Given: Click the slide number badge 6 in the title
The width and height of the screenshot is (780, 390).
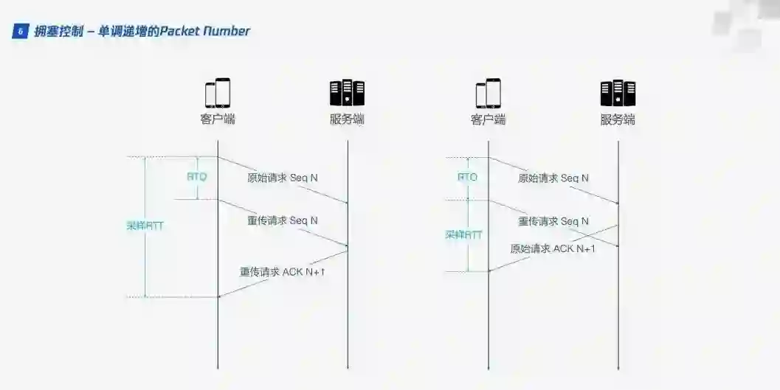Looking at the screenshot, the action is [20, 31].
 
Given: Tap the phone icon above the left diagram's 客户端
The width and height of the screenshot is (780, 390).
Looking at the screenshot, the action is [218, 93].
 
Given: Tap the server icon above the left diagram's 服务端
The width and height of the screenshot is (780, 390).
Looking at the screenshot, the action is [347, 93].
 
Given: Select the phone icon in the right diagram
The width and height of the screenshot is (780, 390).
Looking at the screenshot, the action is [489, 93].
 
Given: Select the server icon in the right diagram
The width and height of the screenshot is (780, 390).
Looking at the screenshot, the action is [618, 93].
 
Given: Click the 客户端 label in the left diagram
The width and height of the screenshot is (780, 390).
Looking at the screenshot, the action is [218, 119].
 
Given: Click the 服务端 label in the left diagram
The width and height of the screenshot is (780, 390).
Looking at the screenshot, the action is [347, 119].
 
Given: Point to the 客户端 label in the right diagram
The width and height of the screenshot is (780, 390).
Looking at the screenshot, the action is [489, 119].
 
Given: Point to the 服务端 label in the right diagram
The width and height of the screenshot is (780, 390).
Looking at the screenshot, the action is [618, 119].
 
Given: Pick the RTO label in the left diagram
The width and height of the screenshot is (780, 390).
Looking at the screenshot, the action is [196, 177].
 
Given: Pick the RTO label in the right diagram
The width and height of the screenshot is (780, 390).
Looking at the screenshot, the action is [467, 177].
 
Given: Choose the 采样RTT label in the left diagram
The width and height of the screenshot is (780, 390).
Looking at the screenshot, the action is [145, 226].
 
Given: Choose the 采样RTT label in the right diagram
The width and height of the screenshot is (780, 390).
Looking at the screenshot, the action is [463, 234].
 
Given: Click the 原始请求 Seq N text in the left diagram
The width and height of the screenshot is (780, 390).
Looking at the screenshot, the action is [283, 178].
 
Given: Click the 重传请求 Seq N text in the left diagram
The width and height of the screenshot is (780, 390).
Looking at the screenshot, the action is [283, 220].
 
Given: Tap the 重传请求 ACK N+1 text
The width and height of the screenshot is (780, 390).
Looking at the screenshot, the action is [283, 271].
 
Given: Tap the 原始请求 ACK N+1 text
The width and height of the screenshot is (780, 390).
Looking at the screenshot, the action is [553, 248].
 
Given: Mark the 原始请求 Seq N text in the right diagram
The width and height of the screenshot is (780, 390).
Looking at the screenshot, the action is [553, 178].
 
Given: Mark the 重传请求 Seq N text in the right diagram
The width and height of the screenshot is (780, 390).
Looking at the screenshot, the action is [553, 221].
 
